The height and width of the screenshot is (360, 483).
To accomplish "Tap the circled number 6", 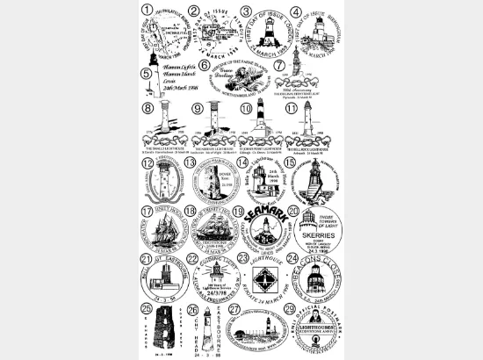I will pyautogui.click(x=204, y=64).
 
